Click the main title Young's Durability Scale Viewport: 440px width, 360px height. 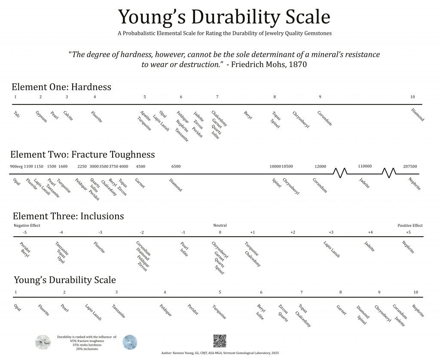coord(224,17)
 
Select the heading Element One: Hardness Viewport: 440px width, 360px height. coord(61,87)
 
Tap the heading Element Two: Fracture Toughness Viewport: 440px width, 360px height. coord(82,155)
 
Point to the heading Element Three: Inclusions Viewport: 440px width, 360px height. coord(68,216)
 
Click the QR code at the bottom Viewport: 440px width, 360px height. coord(220,341)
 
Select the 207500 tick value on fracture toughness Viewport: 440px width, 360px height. coord(410,167)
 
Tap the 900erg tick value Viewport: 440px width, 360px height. coord(16,167)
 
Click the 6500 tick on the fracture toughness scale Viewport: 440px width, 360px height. coord(176,167)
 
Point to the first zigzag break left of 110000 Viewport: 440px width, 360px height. coord(341,173)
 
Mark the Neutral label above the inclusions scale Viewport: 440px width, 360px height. coord(220,226)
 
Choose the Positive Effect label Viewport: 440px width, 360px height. coord(410,226)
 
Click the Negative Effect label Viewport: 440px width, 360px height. coord(27,226)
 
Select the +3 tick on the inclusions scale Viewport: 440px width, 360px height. coord(331,232)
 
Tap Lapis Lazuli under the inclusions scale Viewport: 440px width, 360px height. coord(331,249)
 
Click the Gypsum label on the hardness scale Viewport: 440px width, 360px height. coord(41,116)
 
